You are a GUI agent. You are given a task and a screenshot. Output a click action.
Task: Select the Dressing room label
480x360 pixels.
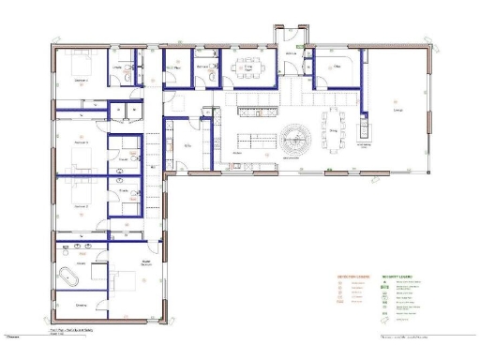coord(82,305)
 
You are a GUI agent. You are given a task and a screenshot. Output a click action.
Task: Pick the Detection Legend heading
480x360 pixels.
coord(353,277)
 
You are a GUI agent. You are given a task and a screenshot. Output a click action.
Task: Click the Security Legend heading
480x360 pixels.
coord(398,277)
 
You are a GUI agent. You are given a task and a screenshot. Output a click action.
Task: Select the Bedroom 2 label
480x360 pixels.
coord(82,205)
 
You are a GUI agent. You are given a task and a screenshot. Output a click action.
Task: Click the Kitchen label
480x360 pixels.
coord(238,154)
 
